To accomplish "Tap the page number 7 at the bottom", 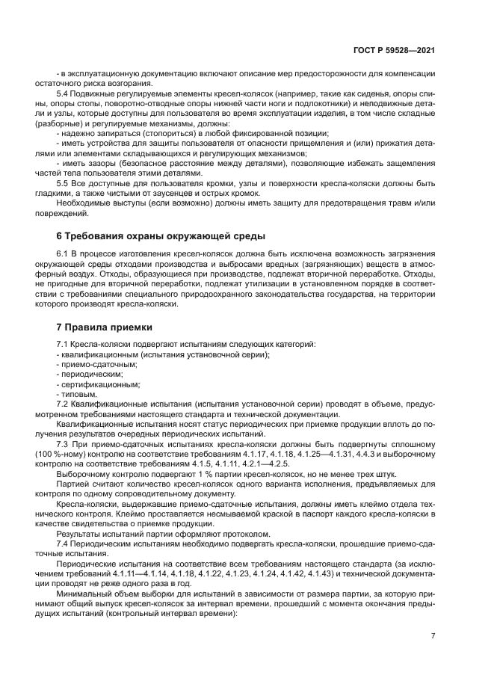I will (x=433, y=635).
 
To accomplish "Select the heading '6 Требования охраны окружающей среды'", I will (x=161, y=236).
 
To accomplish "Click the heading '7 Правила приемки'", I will (x=105, y=327).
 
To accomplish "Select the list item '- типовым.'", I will (x=77, y=394).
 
